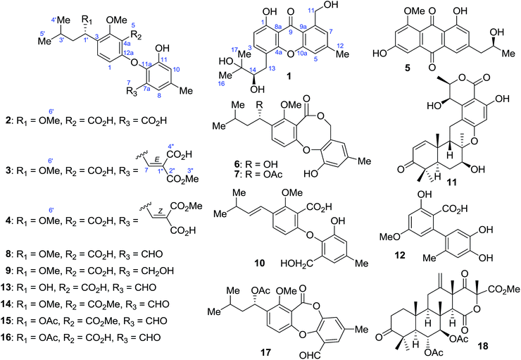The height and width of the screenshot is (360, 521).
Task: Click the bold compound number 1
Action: click(x=289, y=77)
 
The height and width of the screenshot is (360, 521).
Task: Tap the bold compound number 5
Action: click(x=408, y=68)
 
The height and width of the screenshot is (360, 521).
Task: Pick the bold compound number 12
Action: click(x=401, y=255)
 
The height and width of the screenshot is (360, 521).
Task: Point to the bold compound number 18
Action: click(x=483, y=346)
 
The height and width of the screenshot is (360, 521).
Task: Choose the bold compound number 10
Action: click(x=260, y=263)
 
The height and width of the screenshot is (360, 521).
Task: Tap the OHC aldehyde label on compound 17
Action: click(x=310, y=356)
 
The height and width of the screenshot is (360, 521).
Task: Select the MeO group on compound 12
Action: click(x=390, y=237)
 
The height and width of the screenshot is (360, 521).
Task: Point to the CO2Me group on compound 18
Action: click(x=504, y=290)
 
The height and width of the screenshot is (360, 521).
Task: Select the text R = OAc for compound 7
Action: click(x=263, y=173)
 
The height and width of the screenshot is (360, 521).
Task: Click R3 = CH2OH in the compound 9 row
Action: click(x=143, y=271)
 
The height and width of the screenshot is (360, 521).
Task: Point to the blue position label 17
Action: click(x=235, y=49)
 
